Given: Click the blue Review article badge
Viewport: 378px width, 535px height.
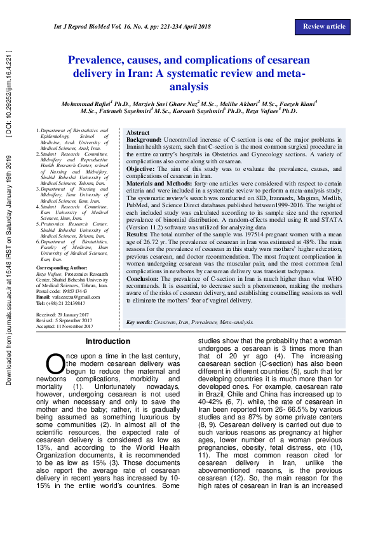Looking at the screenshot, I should pos(324,27).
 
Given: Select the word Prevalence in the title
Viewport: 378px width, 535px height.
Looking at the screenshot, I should pos(100,61).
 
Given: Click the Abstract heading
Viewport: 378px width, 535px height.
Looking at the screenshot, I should pos(138,133).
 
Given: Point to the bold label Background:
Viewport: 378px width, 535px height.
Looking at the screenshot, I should pos(144,139).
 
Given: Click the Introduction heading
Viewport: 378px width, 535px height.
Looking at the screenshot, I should pos(107,342).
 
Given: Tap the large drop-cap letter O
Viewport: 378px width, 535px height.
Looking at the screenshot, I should pos(55,363).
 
